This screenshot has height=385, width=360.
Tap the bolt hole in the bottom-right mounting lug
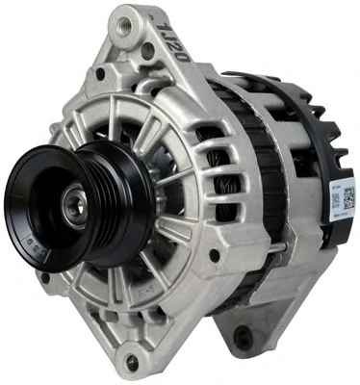(x=244, y=338)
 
